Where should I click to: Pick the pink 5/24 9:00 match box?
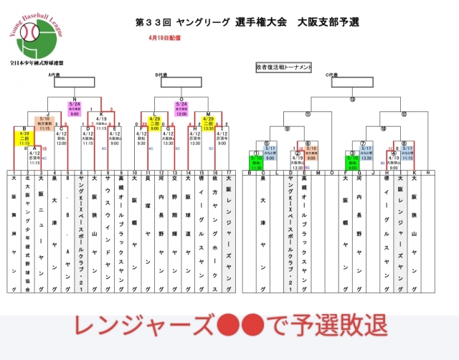pos(74,108)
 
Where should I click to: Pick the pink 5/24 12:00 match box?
pos(181,108)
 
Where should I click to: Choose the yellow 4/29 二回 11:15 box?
pos(23,138)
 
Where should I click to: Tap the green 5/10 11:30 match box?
pos(257,161)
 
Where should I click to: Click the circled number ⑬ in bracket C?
pos(351,98)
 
